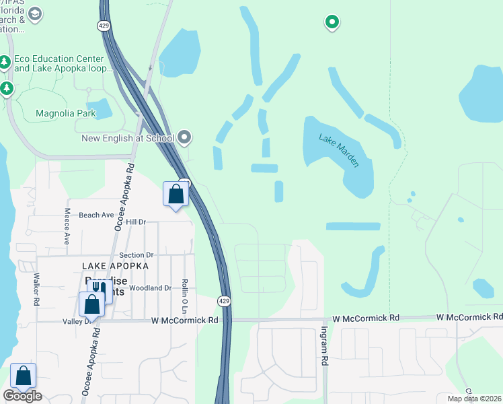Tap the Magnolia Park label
[66, 113]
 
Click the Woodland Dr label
[150, 288]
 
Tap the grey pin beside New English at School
[186, 139]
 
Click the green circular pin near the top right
[332, 23]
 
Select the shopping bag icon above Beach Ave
[176, 194]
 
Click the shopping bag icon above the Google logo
[23, 375]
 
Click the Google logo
[22, 396]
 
